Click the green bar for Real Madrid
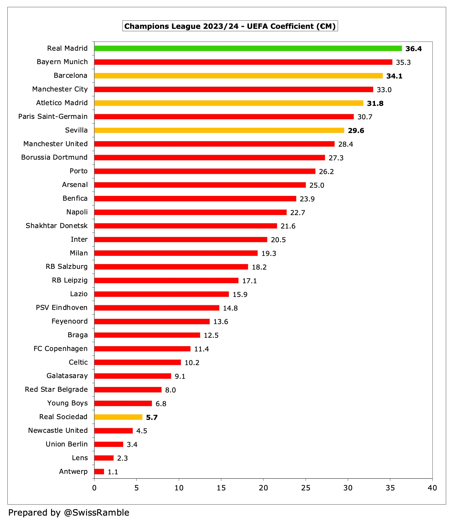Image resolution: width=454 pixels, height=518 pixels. click(248, 48)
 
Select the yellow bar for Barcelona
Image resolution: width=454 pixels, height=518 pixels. click(239, 76)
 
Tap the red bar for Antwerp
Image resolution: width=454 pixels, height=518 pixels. click(99, 472)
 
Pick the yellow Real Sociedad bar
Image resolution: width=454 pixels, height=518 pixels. click(118, 417)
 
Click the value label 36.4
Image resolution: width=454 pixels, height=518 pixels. click(413, 49)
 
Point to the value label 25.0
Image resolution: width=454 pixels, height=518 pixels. click(317, 185)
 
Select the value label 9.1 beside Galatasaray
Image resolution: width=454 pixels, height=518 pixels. click(180, 376)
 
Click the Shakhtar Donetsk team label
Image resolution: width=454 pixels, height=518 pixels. click(56, 226)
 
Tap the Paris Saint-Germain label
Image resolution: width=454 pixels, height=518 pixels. click(53, 116)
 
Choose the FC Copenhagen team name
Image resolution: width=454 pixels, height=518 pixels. click(60, 349)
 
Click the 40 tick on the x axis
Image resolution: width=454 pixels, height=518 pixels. click(432, 488)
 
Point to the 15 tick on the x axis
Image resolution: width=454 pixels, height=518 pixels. click(221, 488)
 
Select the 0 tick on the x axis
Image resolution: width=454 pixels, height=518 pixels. click(94, 488)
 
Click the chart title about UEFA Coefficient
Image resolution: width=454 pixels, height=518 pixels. click(230, 26)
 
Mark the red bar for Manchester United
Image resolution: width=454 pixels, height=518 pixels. click(214, 144)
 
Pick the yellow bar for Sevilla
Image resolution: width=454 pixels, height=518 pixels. click(219, 130)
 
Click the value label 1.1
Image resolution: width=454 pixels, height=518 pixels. click(113, 472)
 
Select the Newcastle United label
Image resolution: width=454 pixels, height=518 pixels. click(58, 430)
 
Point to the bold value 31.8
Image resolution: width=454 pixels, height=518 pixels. click(375, 103)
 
